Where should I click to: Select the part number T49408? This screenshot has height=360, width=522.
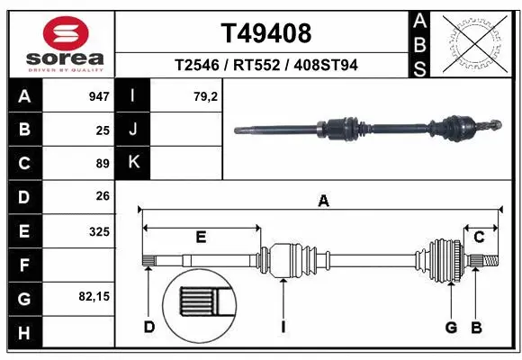[x=266, y=33]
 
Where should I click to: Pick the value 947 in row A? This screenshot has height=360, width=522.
[x=99, y=94]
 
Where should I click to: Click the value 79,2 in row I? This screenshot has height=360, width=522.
[x=206, y=94]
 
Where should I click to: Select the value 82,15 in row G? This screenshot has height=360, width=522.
[x=94, y=295]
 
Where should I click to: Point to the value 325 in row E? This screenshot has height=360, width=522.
[x=99, y=231]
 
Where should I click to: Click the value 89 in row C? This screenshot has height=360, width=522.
[x=103, y=163]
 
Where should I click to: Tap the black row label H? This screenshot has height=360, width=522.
[x=23, y=334]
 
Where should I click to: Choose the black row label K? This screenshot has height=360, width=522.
[x=133, y=163]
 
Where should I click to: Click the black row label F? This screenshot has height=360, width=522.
[x=23, y=265]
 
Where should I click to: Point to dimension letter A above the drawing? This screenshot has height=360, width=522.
[x=322, y=202]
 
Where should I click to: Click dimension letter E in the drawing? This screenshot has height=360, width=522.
[x=201, y=237]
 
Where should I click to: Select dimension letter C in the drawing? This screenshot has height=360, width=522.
[x=480, y=237]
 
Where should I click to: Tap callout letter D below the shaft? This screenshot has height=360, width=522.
[x=149, y=327]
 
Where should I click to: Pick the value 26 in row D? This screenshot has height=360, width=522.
[x=103, y=196]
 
